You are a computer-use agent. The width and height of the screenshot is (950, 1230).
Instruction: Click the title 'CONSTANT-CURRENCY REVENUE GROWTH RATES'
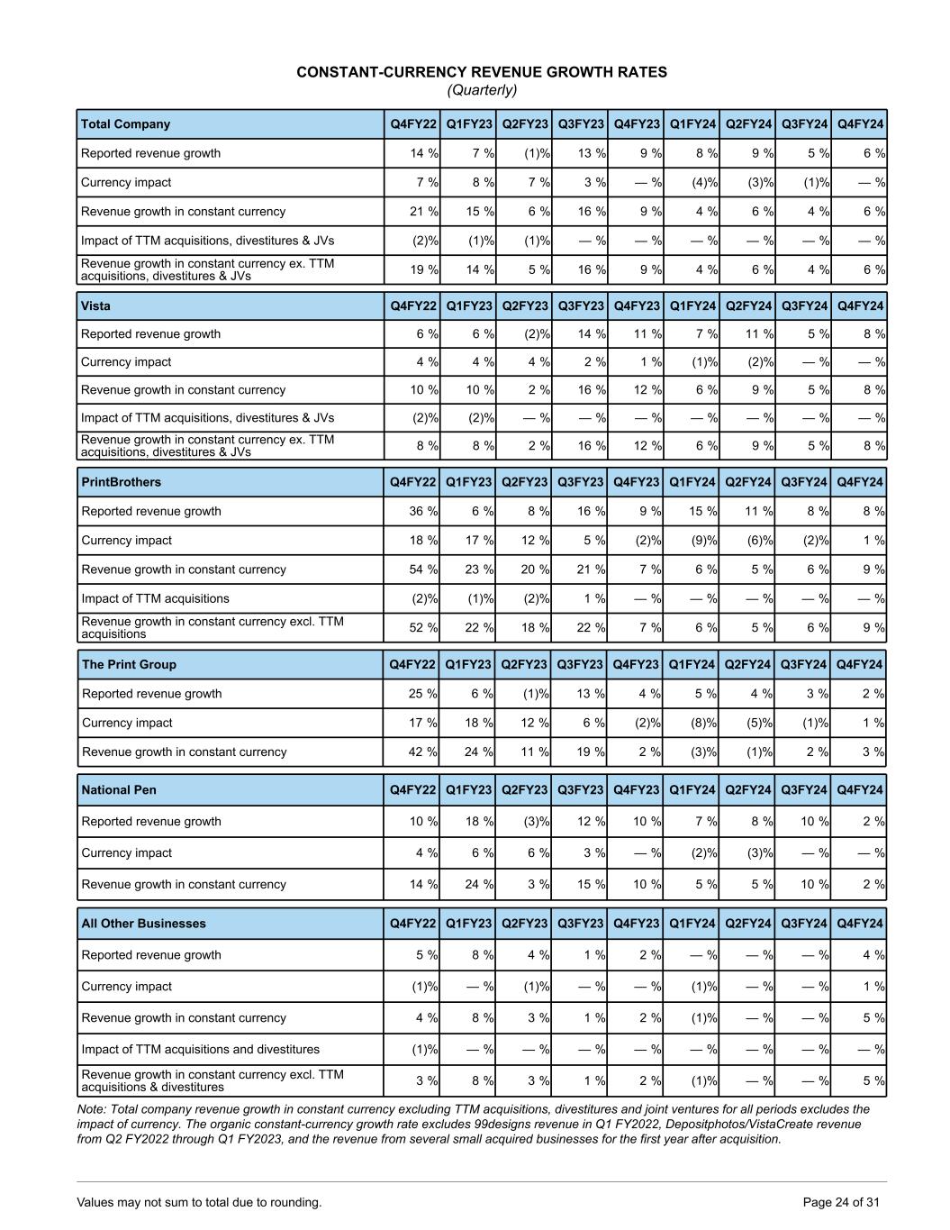[482, 72]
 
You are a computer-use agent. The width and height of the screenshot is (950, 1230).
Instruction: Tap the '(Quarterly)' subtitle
[482, 90]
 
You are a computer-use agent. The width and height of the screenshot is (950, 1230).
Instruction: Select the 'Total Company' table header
[125, 124]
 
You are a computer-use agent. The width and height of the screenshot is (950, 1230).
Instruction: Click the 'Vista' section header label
[95, 305]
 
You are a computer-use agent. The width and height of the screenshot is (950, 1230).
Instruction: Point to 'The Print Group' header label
[129, 664]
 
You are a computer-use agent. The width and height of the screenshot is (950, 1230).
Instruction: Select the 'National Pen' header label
[119, 789]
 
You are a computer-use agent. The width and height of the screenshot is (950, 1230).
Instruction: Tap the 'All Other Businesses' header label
[143, 923]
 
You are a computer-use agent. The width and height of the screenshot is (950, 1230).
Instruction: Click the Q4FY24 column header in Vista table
[859, 305]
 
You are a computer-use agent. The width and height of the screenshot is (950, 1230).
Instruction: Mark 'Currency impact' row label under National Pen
[126, 852]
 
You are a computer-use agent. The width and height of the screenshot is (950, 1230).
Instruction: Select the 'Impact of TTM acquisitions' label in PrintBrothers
[155, 598]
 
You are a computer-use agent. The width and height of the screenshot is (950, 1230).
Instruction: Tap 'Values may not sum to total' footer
[199, 1202]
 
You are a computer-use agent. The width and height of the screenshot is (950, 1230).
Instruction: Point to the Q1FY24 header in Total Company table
[692, 124]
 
